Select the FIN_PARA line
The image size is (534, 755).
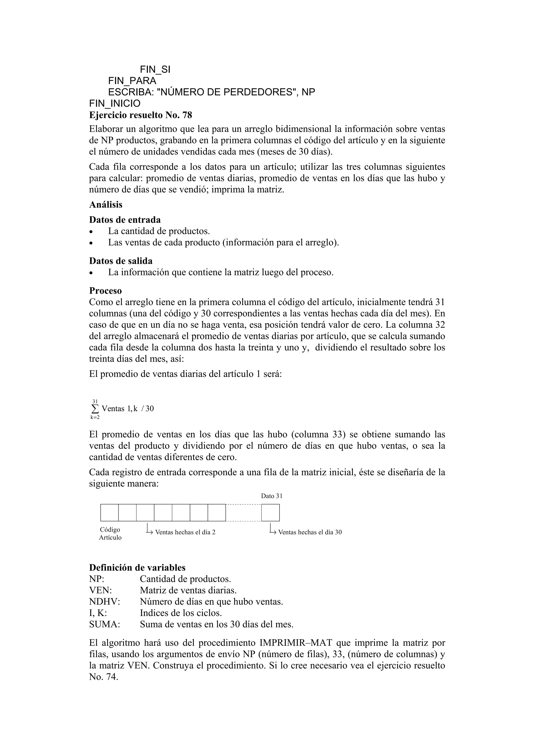tap(132, 81)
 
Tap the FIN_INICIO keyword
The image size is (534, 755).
tap(114, 104)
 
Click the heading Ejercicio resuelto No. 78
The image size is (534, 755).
tap(141, 115)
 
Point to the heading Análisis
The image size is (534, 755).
tap(106, 205)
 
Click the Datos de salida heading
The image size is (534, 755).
tap(121, 261)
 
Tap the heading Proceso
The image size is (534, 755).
tap(105, 291)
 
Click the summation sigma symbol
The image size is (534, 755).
tap(95, 409)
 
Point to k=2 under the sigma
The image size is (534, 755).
tap(95, 418)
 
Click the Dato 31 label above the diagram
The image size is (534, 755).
tap(271, 496)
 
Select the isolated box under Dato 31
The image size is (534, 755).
tap(270, 513)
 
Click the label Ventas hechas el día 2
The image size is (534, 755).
tap(185, 532)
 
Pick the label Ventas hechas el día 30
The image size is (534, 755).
tap(310, 532)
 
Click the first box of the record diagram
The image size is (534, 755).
tap(110, 513)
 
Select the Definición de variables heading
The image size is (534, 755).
tap(137, 568)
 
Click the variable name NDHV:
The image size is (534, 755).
tap(104, 602)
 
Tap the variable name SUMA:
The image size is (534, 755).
tap(104, 624)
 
